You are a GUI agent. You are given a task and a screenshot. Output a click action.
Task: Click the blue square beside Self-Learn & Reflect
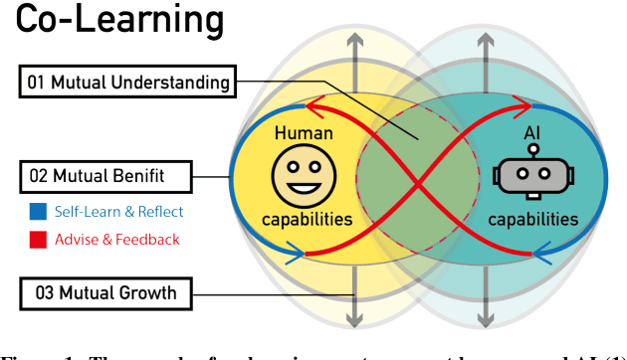coord(36,211)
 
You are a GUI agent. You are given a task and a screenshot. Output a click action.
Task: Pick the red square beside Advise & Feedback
coord(36,239)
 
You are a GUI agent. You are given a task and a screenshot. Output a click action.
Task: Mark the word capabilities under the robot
coord(538,222)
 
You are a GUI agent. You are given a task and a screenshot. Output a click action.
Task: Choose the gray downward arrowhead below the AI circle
coord(485,318)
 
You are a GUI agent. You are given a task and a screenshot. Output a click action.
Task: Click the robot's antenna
coord(533,151)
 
